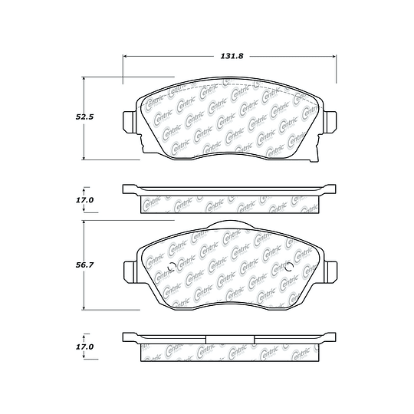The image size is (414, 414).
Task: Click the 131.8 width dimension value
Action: click(232, 56)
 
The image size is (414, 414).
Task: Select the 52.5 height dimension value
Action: click(84, 117)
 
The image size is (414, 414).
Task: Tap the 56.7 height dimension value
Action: click(84, 264)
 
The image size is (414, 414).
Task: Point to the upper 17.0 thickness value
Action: click(84, 200)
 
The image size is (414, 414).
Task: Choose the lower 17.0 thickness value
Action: click(84, 347)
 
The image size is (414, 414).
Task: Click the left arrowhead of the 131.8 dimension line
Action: click(125, 56)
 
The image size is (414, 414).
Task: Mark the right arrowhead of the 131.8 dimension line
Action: click(334, 56)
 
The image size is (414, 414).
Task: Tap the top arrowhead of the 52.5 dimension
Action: click(84, 79)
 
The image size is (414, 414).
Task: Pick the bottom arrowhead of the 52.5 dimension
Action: click(84, 158)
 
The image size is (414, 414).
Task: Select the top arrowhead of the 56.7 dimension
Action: click(84, 222)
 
